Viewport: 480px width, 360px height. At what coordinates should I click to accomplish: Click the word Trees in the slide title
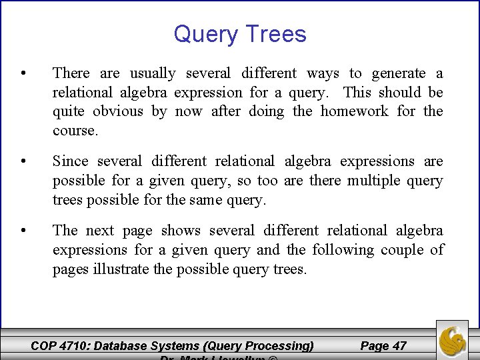276,34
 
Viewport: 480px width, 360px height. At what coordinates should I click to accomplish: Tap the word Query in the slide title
206,35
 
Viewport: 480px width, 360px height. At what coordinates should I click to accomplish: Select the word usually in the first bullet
153,73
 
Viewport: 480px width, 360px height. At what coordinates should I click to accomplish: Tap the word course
75,131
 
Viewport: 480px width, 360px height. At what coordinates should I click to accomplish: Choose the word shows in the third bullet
181,230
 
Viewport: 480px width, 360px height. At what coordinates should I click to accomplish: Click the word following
343,249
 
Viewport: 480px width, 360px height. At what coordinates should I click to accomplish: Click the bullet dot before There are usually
23,73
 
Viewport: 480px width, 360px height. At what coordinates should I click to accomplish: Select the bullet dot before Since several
23,161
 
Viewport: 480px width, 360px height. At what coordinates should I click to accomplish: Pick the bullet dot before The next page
23,231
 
